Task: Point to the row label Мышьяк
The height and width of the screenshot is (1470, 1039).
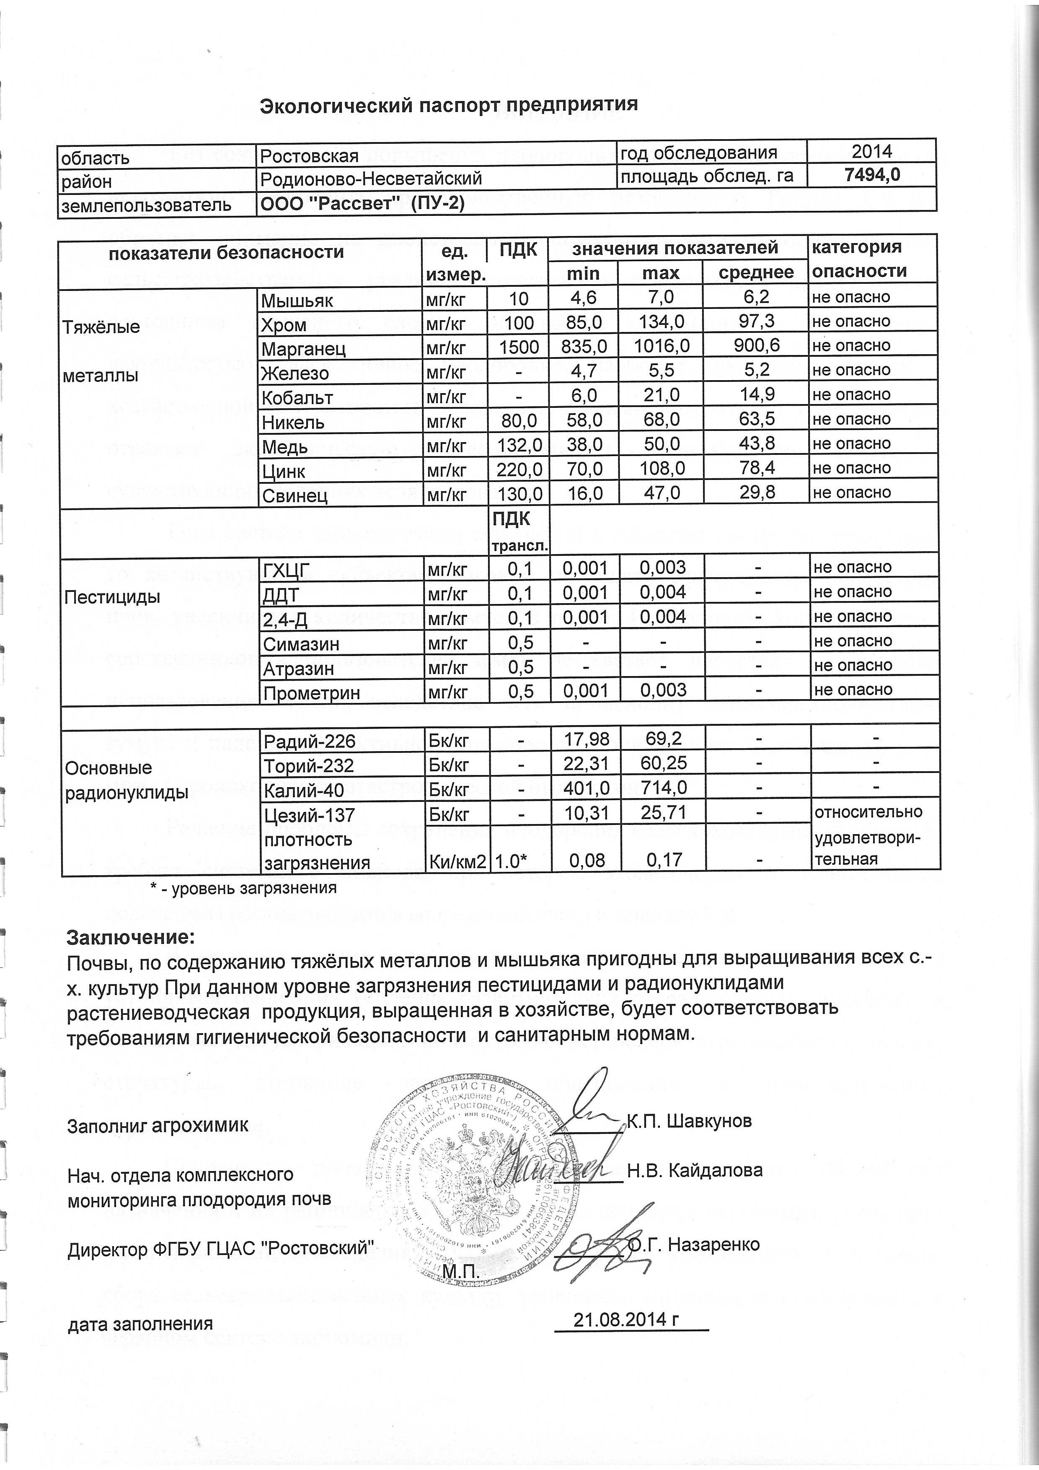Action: point(297,300)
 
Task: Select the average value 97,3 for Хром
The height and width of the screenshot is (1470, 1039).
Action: point(757,321)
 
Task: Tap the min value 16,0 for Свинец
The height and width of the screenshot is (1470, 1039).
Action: point(584,493)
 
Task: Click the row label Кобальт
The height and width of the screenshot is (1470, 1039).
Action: point(297,398)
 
